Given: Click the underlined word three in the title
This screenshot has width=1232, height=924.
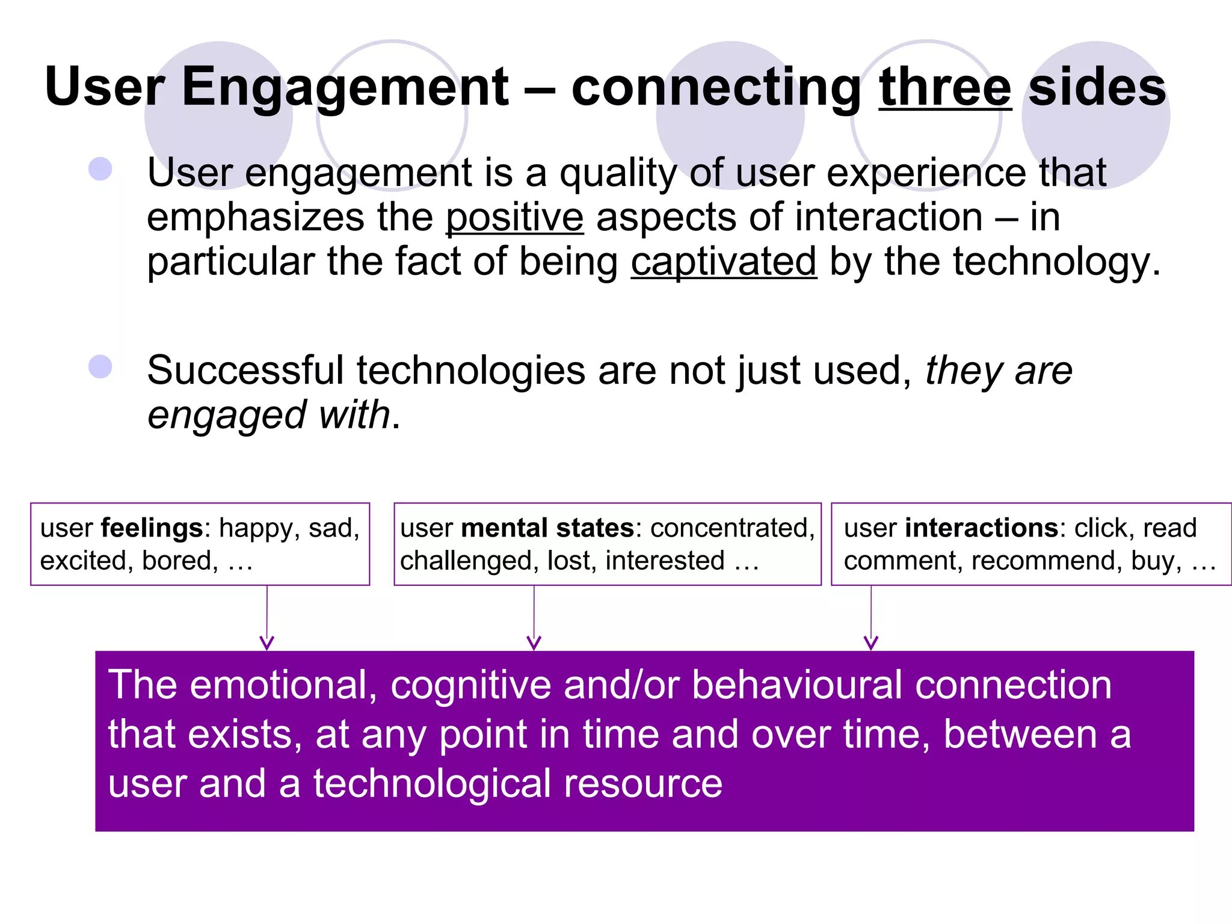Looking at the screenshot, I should [x=945, y=88].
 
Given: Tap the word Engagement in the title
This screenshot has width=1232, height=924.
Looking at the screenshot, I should [x=345, y=88].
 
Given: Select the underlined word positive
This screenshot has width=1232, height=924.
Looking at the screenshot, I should [x=514, y=217].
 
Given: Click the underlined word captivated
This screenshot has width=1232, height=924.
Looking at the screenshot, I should [x=724, y=262].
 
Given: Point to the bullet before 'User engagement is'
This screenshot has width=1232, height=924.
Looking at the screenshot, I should [x=100, y=169].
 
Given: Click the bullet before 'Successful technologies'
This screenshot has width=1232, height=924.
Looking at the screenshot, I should [x=100, y=366].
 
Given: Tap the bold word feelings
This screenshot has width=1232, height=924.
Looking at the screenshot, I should [x=152, y=528].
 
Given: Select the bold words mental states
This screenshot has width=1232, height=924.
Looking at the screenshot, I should [x=547, y=528].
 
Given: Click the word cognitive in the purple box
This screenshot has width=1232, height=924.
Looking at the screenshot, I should [x=470, y=686].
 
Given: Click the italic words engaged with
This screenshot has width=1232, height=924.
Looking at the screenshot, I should [x=269, y=415].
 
